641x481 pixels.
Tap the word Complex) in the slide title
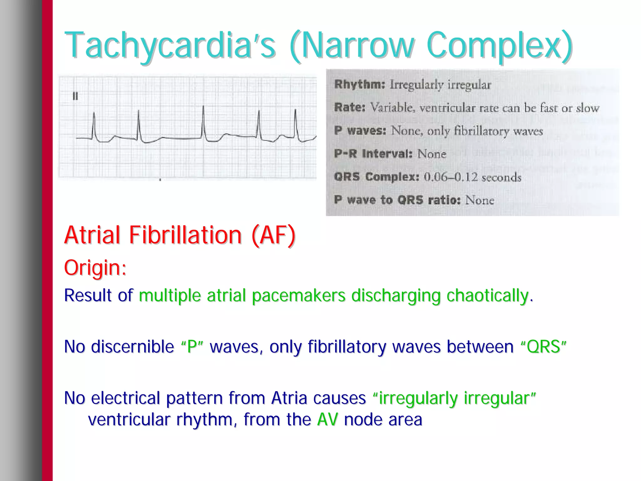(x=500, y=45)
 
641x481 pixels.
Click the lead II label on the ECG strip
(x=75, y=96)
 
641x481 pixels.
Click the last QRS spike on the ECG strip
(x=295, y=124)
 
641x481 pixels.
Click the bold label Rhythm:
(x=359, y=84)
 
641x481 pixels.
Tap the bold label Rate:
(x=350, y=108)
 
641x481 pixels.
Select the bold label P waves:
(x=360, y=130)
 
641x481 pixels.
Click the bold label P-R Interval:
(x=373, y=154)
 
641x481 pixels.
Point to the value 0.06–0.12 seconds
(x=473, y=177)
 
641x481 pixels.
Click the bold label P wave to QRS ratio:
(x=397, y=200)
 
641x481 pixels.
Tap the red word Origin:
(x=95, y=268)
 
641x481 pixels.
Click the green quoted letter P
(x=192, y=347)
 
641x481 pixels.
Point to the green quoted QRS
(x=543, y=347)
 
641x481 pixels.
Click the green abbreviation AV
(x=327, y=420)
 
